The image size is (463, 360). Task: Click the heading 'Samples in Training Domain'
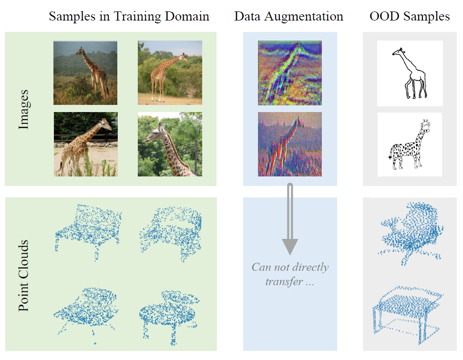(x=129, y=16)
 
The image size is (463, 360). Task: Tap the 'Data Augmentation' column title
(x=288, y=16)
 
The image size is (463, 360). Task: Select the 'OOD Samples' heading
(x=410, y=16)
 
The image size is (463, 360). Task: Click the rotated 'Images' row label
(x=23, y=109)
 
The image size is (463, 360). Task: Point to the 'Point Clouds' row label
(x=23, y=276)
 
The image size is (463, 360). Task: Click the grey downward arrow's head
(x=289, y=246)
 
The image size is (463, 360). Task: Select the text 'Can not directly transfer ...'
(x=290, y=274)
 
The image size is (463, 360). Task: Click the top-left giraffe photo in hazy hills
(x=85, y=72)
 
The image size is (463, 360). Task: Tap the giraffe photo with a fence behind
(x=85, y=144)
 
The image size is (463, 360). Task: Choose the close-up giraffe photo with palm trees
(x=170, y=144)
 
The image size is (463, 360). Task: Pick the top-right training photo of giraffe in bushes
(x=170, y=72)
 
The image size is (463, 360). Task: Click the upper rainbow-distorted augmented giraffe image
(x=289, y=72)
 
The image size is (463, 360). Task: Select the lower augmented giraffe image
(x=289, y=144)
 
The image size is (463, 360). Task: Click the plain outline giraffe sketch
(x=410, y=73)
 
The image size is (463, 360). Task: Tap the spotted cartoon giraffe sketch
(x=409, y=144)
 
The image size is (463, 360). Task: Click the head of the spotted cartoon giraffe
(x=425, y=126)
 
